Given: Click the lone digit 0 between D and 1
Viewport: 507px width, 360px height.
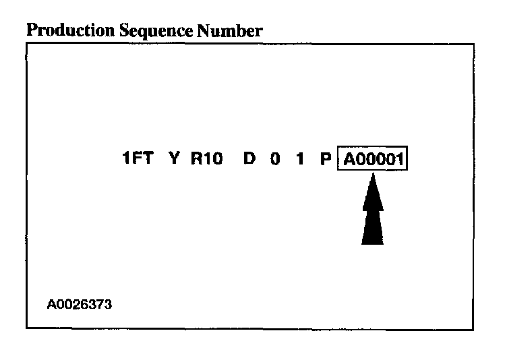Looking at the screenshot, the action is tap(275, 160).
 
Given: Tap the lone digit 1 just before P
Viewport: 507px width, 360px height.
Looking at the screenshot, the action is tap(299, 160).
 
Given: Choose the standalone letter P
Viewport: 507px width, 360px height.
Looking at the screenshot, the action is tap(326, 160).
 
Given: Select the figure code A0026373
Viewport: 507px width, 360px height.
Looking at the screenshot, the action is tap(80, 304).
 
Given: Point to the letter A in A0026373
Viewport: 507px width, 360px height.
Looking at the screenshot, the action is tap(51, 304).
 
